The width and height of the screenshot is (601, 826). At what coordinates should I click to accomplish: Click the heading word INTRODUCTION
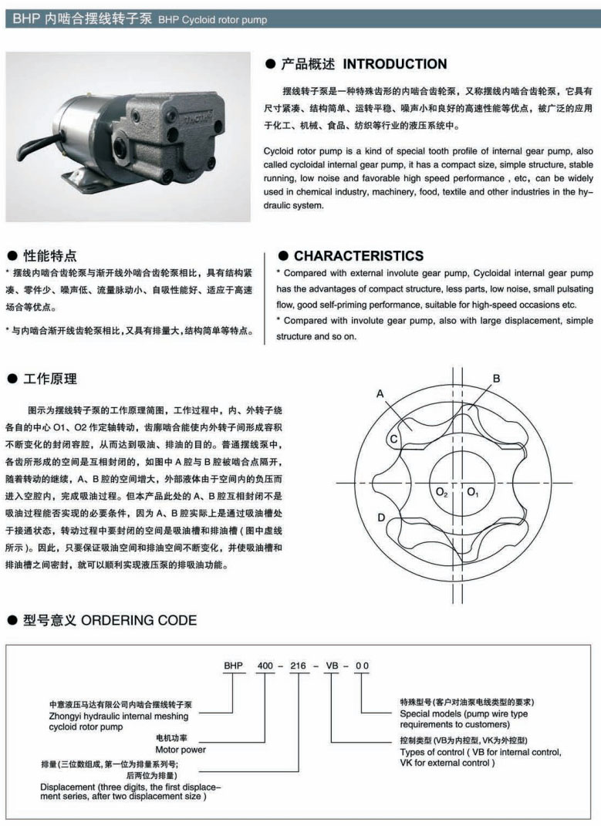click(394, 64)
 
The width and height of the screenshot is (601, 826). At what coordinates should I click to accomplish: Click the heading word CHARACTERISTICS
click(359, 256)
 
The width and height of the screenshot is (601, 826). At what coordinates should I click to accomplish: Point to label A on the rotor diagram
click(380, 393)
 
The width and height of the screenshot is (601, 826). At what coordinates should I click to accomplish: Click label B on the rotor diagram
click(496, 378)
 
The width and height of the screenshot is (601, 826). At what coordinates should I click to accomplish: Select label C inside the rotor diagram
click(393, 439)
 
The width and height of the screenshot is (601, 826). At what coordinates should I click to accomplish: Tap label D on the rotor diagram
click(381, 517)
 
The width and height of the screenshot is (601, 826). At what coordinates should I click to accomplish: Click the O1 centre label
click(473, 491)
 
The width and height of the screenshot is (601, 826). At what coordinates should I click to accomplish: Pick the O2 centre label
click(441, 491)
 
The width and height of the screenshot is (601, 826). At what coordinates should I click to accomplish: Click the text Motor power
click(181, 749)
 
